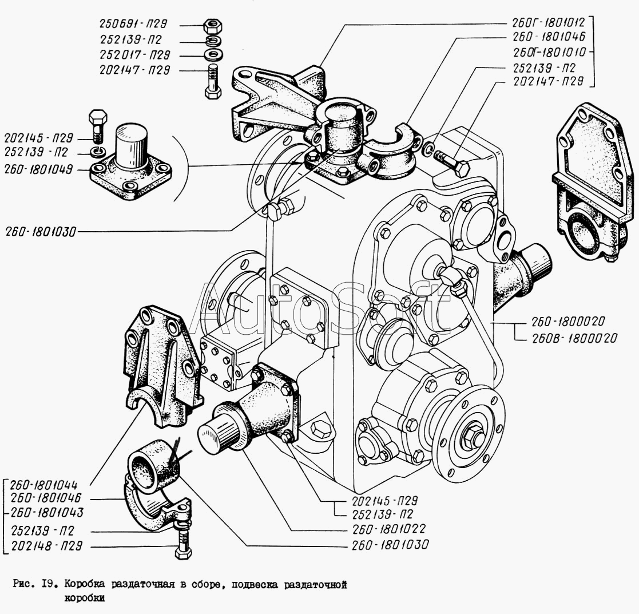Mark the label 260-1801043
point(47,512)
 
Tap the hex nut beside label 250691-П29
point(212,26)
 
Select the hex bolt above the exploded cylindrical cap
point(97,125)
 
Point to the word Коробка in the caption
point(84,585)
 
